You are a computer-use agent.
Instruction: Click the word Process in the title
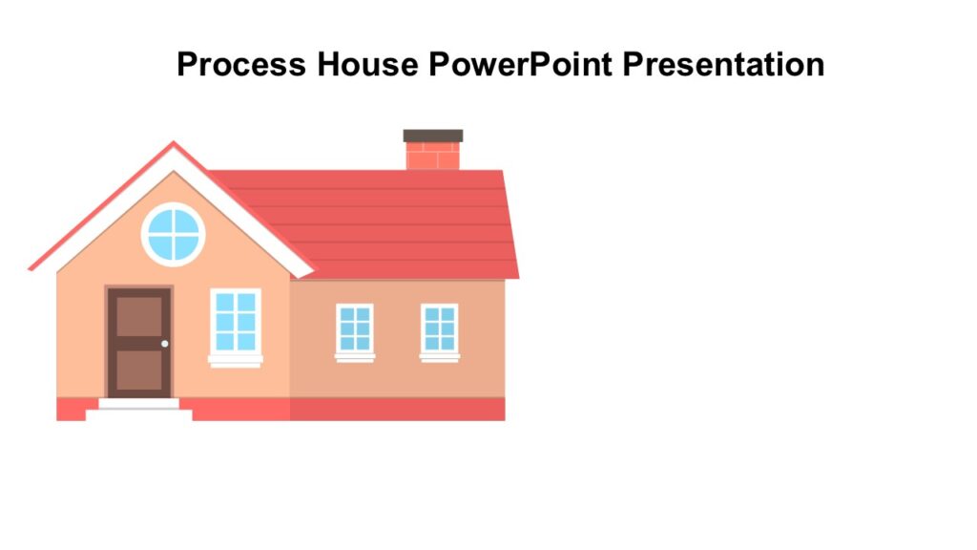pyautogui.click(x=242, y=65)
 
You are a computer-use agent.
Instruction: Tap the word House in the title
pyautogui.click(x=368, y=65)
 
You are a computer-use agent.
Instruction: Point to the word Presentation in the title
pyautogui.click(x=724, y=65)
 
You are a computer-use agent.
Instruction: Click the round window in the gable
pyautogui.click(x=174, y=234)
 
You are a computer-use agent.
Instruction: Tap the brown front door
pyautogui.click(x=139, y=342)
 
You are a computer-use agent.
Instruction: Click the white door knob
pyautogui.click(x=165, y=344)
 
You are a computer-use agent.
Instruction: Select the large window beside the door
pyautogui.click(x=235, y=322)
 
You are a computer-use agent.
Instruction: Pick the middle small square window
pyautogui.click(x=355, y=328)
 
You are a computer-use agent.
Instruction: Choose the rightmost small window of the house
pyautogui.click(x=440, y=328)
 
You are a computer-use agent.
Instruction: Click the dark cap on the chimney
pyautogui.click(x=433, y=136)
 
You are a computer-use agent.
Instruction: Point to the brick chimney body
pyautogui.click(x=433, y=156)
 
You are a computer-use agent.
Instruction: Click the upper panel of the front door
pyautogui.click(x=139, y=316)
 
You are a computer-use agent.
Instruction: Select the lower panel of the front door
pyautogui.click(x=139, y=371)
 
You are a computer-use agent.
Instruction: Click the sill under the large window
pyautogui.click(x=235, y=360)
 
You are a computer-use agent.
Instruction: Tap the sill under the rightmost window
pyautogui.click(x=440, y=358)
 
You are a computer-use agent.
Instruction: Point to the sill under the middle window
pyautogui.click(x=355, y=358)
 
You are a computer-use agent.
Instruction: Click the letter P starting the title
pyautogui.click(x=187, y=65)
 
